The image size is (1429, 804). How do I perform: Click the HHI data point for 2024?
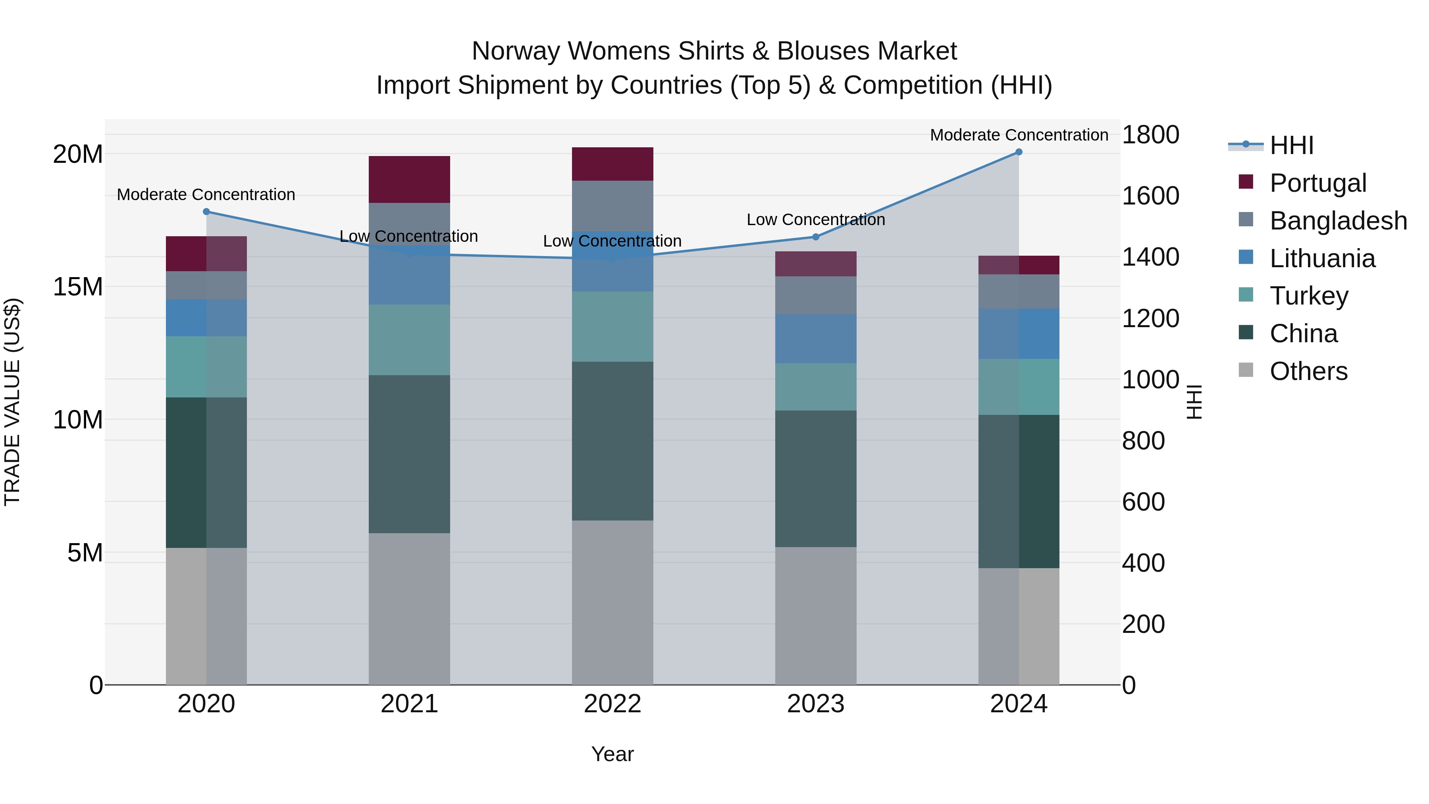[1019, 152]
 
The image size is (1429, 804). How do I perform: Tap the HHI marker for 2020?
[206, 211]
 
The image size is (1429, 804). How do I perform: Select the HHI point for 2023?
[815, 237]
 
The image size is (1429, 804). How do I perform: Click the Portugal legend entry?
[1317, 183]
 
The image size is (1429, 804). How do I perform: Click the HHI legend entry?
[1291, 145]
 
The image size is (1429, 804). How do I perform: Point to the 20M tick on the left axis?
[78, 154]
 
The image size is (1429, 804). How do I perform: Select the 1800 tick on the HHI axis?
[1150, 135]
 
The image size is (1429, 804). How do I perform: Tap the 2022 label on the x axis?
[612, 704]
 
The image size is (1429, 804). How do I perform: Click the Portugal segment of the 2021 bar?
[409, 179]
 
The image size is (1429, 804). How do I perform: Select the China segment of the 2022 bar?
[612, 441]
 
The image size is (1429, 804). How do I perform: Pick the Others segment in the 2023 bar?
[815, 616]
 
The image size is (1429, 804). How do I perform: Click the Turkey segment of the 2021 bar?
[409, 339]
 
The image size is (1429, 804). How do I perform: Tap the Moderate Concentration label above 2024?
[1019, 135]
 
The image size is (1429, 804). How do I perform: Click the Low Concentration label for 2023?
[815, 220]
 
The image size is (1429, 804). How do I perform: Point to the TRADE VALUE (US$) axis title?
[12, 402]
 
